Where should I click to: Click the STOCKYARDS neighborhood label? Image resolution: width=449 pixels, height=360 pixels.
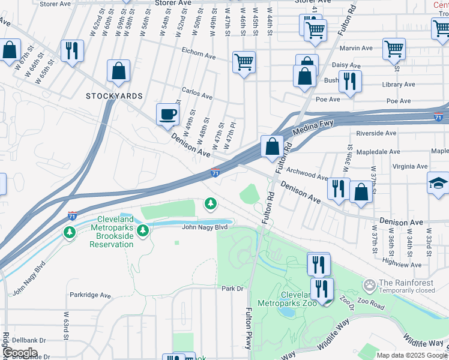coord(114,96)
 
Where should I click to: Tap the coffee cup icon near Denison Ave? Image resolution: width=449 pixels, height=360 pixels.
coord(167,113)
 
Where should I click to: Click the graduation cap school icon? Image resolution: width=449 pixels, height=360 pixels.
coord(438,182)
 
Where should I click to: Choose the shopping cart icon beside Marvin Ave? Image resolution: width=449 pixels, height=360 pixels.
coord(394,49)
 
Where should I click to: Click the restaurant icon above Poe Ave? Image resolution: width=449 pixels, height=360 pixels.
coord(349,81)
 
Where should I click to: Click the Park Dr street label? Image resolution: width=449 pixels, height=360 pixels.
coord(232,289)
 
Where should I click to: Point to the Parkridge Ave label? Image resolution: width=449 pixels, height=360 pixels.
coord(90,295)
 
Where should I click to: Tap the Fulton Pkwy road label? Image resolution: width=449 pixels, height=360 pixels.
coord(249,329)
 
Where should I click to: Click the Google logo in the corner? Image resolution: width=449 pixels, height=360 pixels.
coord(19,352)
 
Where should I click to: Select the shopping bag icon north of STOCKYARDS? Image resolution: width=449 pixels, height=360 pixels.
coord(118,71)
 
